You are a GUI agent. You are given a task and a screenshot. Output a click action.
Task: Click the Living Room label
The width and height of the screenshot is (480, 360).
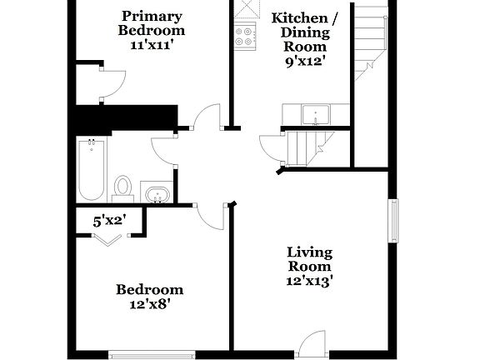click(310, 259)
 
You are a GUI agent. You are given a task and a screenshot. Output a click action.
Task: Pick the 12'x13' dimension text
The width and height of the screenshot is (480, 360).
click(310, 281)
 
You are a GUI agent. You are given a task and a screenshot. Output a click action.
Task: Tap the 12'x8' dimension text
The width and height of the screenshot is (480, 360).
click(149, 305)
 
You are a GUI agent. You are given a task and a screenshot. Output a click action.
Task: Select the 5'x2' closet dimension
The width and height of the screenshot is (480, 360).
click(109, 222)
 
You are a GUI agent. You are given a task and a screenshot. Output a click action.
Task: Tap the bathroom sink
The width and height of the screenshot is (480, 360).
click(156, 194)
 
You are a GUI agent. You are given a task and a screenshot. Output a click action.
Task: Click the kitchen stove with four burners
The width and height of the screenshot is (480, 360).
click(246, 37)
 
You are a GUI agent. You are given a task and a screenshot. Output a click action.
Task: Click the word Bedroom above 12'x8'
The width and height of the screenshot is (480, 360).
click(149, 290)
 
